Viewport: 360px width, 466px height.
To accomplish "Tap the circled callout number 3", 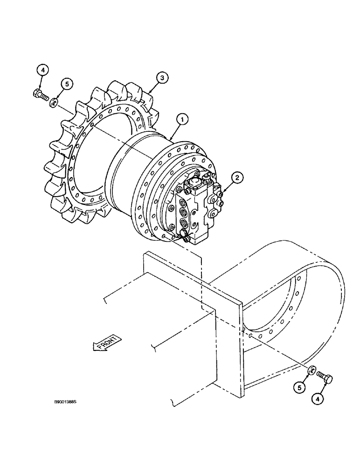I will [160, 78].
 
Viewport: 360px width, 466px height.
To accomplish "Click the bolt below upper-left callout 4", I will [41, 96].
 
